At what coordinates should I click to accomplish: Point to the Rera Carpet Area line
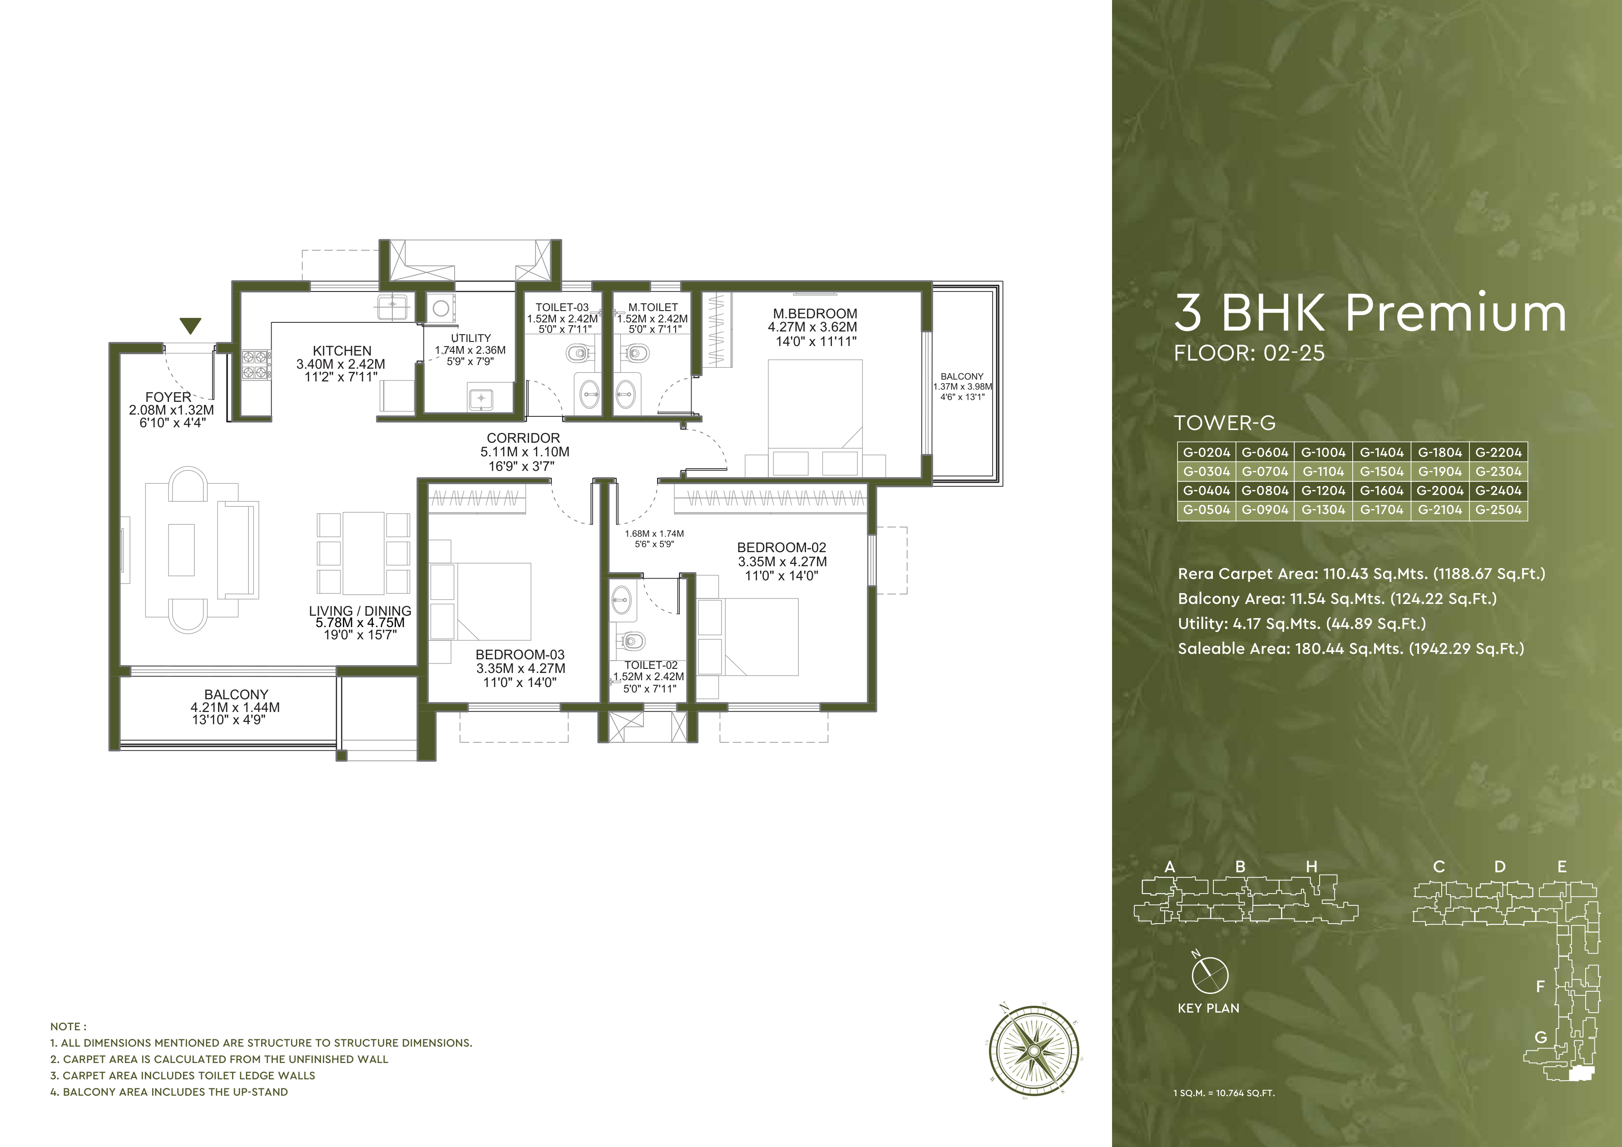[x=1360, y=573]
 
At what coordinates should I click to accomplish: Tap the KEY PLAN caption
[x=1208, y=1009]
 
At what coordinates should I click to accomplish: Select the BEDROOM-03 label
[x=520, y=655]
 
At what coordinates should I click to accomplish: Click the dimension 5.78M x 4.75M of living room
[x=360, y=623]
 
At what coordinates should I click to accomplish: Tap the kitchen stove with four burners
[x=255, y=365]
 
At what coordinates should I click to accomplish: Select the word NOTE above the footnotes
[x=68, y=1026]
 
